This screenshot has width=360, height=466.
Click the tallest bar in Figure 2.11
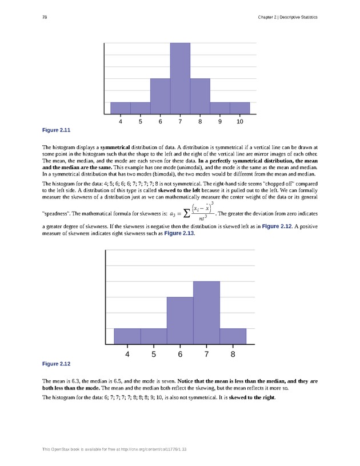pos(180,79)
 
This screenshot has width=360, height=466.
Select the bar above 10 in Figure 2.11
pos(240,108)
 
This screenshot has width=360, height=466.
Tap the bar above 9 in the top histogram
pos(220,108)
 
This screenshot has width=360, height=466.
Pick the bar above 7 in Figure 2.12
pos(206,313)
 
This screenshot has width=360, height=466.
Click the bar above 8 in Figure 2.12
pos(233,336)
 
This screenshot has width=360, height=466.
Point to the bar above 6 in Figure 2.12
pos(180,321)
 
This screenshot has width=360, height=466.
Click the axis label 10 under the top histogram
pos(240,122)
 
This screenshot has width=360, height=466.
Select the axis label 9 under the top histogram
pos(220,122)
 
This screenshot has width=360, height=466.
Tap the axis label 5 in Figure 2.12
pos(154,354)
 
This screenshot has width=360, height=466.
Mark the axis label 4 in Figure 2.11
pos(120,122)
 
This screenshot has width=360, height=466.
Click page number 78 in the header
pos(45,17)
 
